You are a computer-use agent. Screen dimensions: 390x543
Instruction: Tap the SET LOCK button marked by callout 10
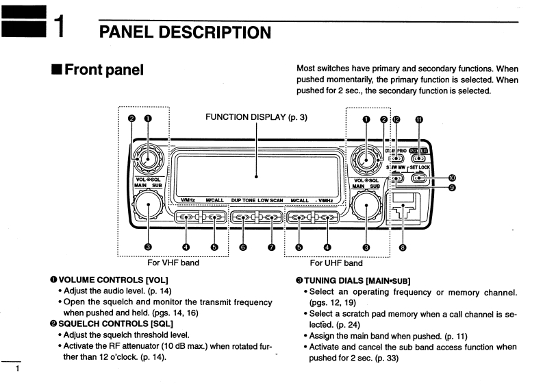pos(420,179)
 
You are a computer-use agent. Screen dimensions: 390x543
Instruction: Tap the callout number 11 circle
pos(420,119)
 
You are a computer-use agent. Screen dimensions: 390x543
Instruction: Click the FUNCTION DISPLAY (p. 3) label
pos(256,117)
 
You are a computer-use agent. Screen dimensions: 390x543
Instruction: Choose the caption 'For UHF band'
pos(336,263)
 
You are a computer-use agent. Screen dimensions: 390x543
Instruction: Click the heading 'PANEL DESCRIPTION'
pos(184,32)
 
